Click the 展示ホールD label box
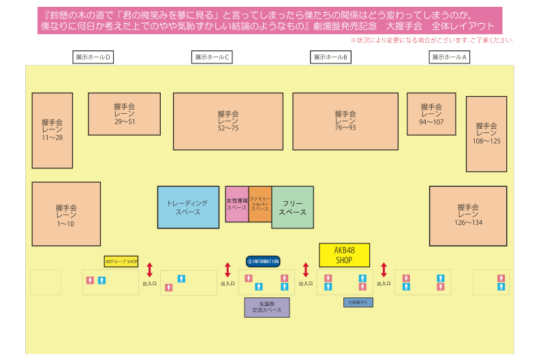click(93, 57)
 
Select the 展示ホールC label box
click(213, 57)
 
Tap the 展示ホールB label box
click(331, 57)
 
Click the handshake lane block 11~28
click(52, 130)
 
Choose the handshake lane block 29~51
click(124, 114)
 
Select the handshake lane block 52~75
click(228, 121)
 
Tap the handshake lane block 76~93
click(345, 121)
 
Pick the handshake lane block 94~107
click(431, 114)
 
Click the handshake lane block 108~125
click(486, 134)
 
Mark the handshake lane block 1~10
click(66, 213)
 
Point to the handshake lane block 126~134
click(468, 215)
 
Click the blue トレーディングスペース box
click(188, 207)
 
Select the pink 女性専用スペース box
click(236, 204)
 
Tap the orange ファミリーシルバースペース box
click(260, 204)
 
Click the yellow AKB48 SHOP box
click(344, 255)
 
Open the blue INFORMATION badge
click(263, 261)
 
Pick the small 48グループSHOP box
click(121, 261)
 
